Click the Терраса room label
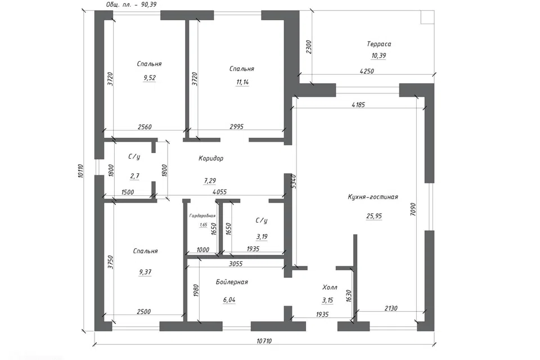point(379,44)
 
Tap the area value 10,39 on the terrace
point(379,56)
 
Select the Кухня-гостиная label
point(373,197)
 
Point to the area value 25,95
point(374,216)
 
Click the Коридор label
point(211,159)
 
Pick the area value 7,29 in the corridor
point(210,181)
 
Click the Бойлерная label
point(232,282)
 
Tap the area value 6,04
point(229,300)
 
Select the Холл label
point(330,287)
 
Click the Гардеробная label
point(202,215)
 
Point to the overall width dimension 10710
point(264,341)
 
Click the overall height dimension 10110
point(80,171)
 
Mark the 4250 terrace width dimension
point(366,71)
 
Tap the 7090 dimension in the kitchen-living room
point(413,209)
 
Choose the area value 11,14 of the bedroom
point(242,82)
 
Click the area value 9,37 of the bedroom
point(145,272)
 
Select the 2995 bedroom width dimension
point(237,127)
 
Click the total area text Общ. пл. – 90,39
point(131,4)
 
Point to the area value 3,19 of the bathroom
point(262,237)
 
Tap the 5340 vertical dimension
point(294,181)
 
